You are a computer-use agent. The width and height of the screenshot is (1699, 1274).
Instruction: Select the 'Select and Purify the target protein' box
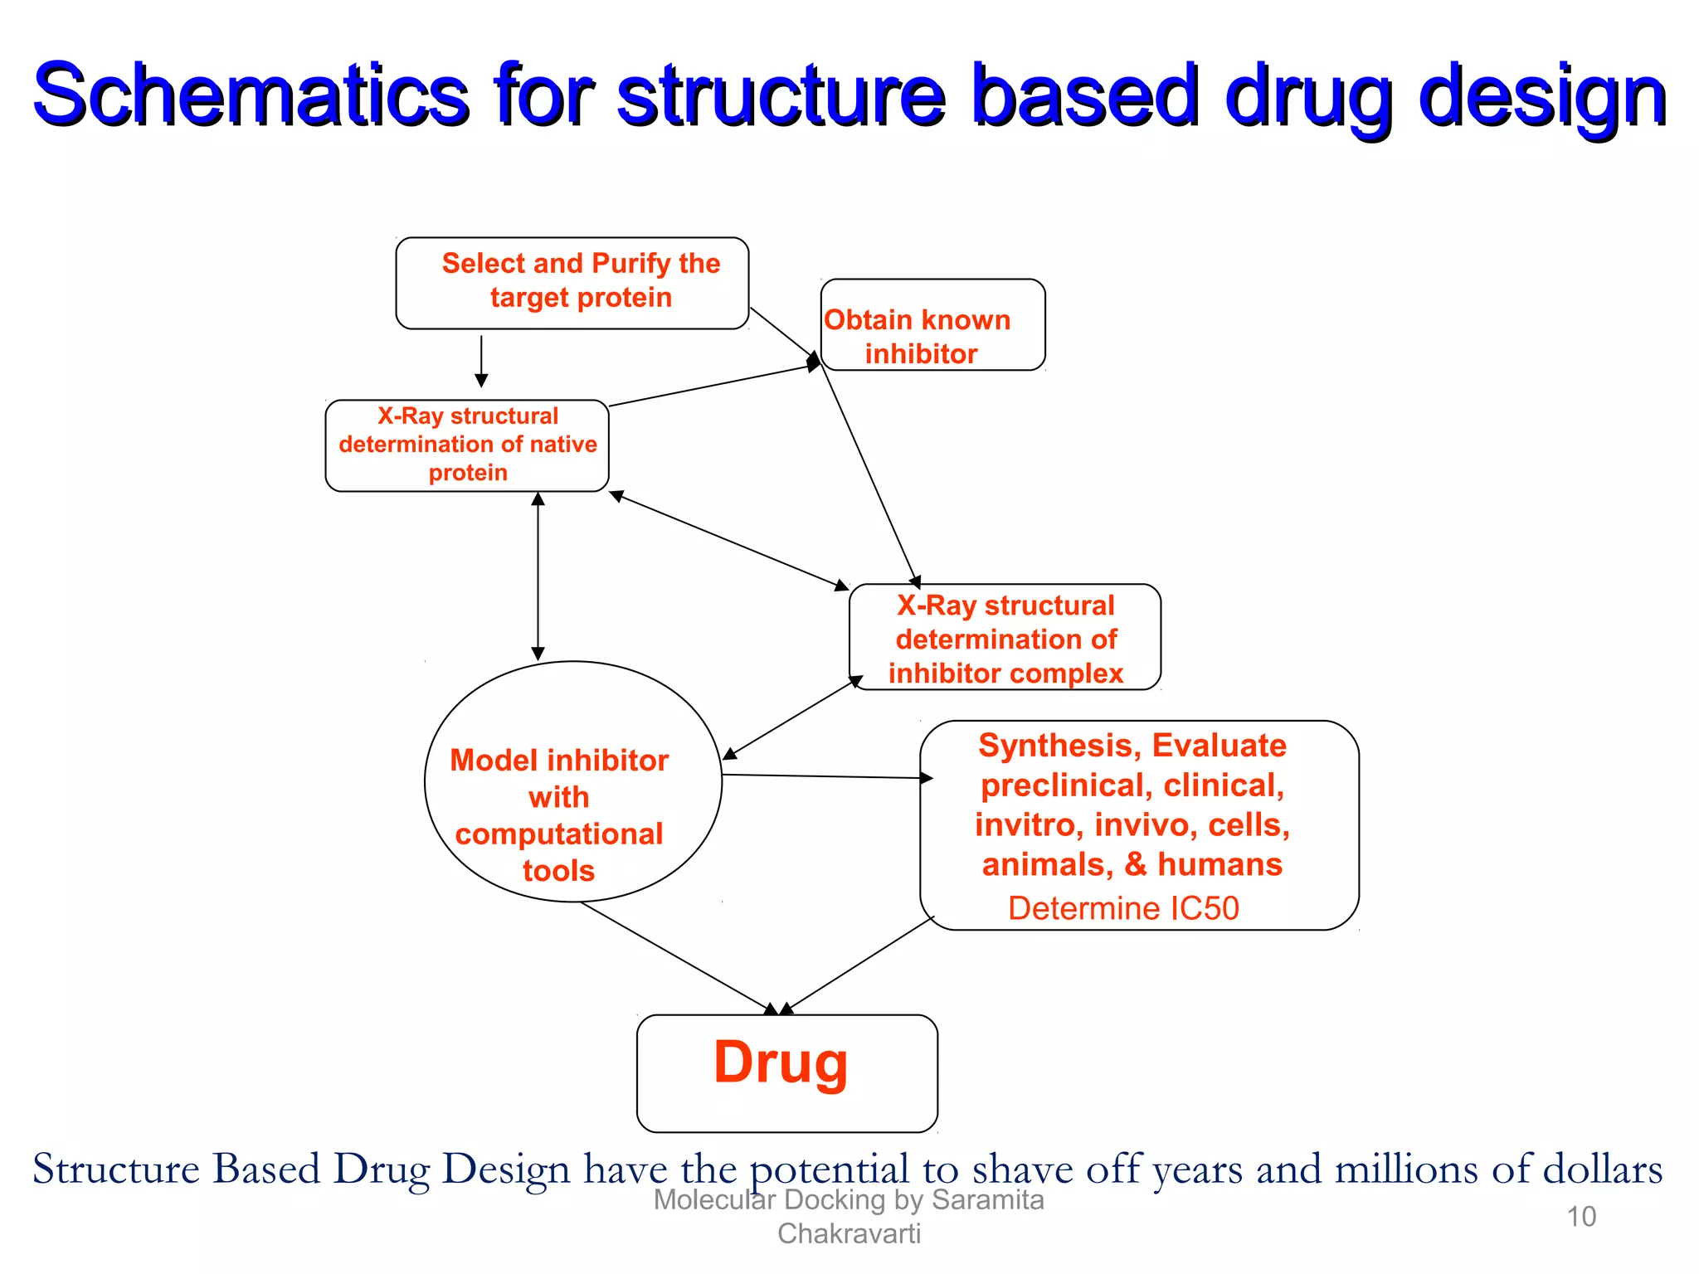click(572, 282)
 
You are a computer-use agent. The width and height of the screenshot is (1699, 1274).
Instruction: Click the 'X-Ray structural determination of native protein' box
click(467, 445)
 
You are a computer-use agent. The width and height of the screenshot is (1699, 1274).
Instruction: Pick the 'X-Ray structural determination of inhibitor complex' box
click(1005, 638)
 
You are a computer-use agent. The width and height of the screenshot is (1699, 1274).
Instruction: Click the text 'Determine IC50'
click(1122, 908)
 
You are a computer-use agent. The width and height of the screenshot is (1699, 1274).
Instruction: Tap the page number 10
click(1581, 1217)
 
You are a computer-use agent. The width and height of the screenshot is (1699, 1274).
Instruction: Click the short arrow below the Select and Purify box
click(481, 361)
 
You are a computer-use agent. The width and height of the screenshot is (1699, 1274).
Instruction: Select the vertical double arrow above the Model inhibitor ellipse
click(538, 576)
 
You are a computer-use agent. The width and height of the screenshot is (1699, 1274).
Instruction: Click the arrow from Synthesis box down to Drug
click(859, 965)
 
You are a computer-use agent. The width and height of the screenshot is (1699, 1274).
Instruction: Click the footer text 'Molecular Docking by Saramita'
click(848, 1200)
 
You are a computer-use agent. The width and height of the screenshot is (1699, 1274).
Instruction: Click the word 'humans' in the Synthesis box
click(1219, 864)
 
